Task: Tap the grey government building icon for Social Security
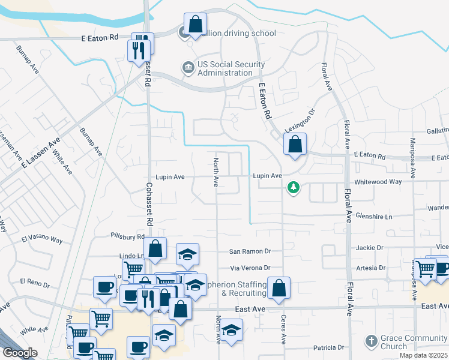(x=188, y=65)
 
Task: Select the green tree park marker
(x=294, y=188)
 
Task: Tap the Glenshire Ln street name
(x=373, y=215)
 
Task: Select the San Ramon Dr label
(x=251, y=252)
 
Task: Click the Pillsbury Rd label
(x=128, y=236)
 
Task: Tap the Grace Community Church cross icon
(x=371, y=341)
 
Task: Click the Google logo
(x=20, y=352)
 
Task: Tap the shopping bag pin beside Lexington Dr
(x=295, y=145)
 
